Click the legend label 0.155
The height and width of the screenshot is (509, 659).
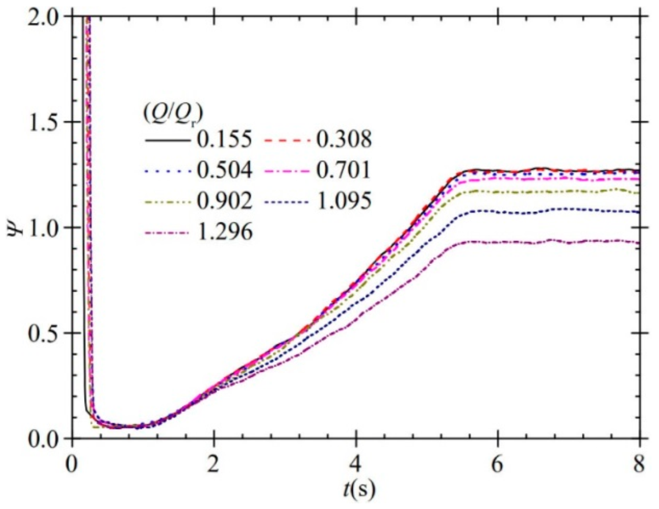point(225,139)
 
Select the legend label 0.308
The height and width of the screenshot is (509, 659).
point(343,139)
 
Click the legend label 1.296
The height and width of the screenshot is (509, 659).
point(225,231)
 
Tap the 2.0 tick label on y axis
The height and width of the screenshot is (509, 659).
point(45,17)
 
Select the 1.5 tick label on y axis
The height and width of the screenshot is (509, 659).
point(45,122)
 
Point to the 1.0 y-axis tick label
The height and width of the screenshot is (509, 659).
point(45,228)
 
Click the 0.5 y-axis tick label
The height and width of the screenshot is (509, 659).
point(45,333)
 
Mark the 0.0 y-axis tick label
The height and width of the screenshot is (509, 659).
point(45,438)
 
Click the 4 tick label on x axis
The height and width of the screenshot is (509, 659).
point(356,463)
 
